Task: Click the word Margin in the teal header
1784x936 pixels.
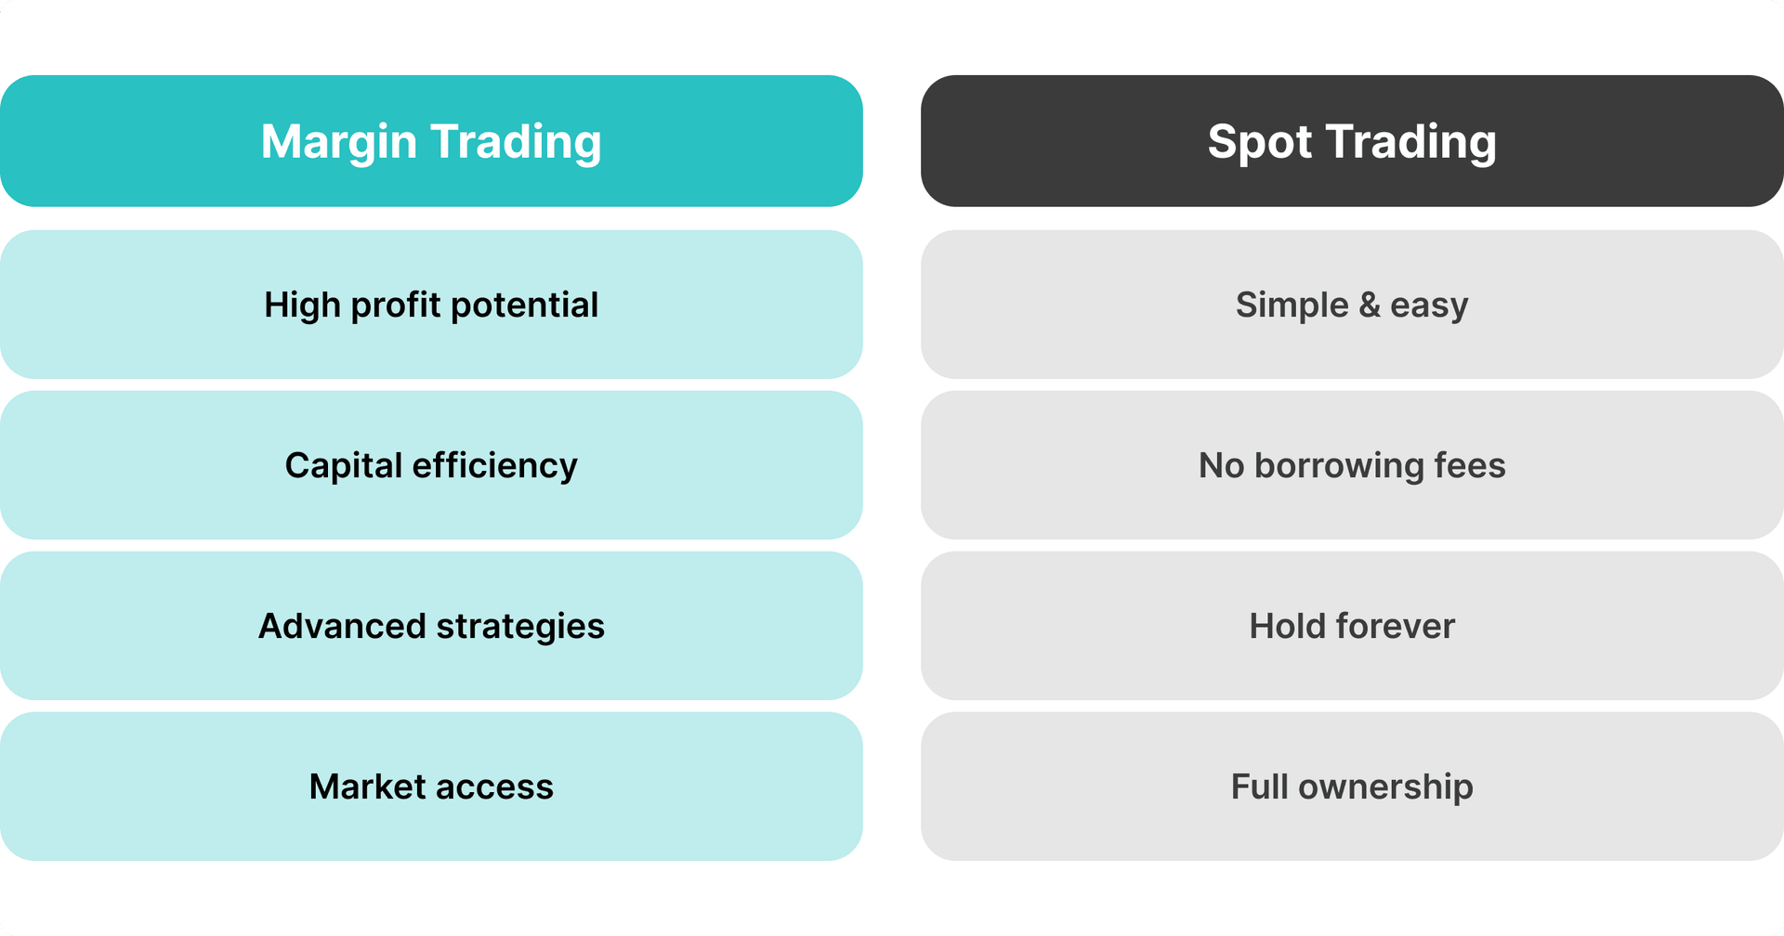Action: coord(338,142)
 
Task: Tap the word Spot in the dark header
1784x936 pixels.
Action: coord(1259,142)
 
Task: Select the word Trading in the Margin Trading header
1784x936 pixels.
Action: coord(516,142)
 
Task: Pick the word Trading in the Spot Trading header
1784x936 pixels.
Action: coord(1410,142)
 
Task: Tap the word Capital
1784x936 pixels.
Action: coord(343,465)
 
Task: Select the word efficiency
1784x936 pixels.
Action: coord(495,465)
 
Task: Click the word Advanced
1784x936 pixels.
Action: coord(342,626)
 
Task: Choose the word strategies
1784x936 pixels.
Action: coord(520,626)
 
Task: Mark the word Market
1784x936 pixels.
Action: coord(367,786)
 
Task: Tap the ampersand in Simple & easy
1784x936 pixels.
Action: coord(1370,305)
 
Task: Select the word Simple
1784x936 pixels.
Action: coord(1292,305)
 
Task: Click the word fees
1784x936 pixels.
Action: coord(1470,465)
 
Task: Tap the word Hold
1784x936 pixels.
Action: coord(1287,626)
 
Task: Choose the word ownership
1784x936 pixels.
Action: coord(1385,786)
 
